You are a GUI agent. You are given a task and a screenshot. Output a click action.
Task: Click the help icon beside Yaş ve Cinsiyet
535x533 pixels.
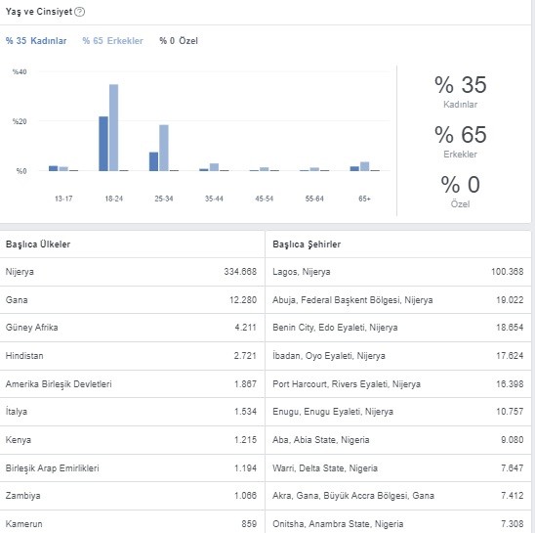(79, 12)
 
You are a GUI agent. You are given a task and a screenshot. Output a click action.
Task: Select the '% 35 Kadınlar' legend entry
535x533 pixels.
(36, 41)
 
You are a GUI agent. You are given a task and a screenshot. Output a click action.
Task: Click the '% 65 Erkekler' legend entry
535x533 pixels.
(113, 41)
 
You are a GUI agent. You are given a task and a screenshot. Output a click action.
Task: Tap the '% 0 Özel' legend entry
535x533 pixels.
(179, 41)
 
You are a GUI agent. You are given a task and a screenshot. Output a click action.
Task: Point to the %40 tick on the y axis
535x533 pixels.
(20, 71)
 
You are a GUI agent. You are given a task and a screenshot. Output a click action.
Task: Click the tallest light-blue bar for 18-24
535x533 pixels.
(113, 127)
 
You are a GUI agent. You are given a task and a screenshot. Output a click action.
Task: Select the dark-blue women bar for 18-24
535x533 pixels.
(103, 144)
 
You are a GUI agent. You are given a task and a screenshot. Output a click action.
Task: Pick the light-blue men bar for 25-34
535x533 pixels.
(164, 148)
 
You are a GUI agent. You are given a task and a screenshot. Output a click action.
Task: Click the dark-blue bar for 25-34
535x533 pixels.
(153, 161)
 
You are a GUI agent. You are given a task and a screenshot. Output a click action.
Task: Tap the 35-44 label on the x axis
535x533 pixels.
(214, 199)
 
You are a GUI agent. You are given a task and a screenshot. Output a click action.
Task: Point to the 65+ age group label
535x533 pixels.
(364, 199)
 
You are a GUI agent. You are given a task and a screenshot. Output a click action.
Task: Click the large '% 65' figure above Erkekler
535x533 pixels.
(461, 134)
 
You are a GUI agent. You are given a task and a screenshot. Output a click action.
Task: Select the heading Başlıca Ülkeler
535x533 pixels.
(38, 244)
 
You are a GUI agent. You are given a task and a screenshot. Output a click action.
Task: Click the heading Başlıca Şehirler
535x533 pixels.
(307, 244)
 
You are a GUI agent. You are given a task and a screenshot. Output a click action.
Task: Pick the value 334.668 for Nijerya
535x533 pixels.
(240, 272)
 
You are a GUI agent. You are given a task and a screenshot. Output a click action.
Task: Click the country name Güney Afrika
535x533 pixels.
(32, 328)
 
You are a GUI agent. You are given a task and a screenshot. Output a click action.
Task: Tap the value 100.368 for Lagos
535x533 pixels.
(507, 272)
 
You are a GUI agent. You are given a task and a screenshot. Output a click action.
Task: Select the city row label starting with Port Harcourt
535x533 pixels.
(347, 384)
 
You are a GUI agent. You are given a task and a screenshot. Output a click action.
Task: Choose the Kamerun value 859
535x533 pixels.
(249, 524)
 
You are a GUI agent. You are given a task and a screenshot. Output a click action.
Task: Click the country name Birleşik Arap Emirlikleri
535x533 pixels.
(52, 468)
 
